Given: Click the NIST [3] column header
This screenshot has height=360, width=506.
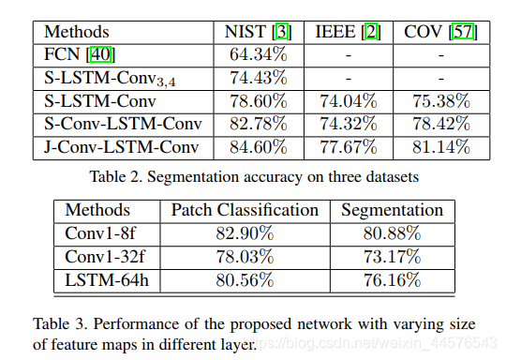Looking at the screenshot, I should click(258, 33).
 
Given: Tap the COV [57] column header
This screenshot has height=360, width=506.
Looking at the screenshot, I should click(439, 33).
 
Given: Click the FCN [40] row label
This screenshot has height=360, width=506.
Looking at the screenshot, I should click(80, 55).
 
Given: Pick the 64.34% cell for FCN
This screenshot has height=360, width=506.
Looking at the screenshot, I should click(258, 55).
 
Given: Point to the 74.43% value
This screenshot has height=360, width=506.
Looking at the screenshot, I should click(258, 78).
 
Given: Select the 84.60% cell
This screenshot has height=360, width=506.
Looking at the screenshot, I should click(258, 146).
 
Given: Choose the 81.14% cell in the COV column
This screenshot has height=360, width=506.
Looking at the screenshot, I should click(439, 146).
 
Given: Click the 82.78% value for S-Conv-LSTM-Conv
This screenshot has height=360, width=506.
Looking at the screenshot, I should click(258, 124).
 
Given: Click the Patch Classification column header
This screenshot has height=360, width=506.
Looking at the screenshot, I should click(245, 210).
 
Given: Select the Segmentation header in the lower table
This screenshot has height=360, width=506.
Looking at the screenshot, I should click(391, 210).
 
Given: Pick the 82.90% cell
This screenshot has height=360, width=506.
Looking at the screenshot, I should click(245, 232).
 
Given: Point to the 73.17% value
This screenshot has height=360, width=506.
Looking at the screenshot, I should click(391, 255).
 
